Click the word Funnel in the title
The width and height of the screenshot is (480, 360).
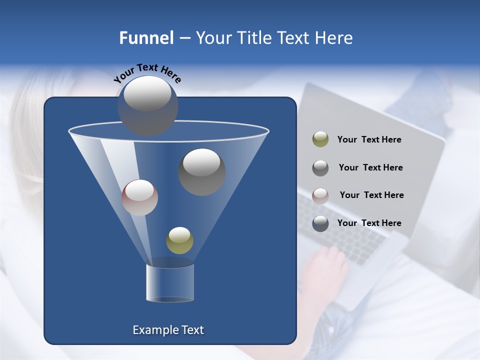pos(146,37)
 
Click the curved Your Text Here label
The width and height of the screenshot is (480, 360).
pos(147,73)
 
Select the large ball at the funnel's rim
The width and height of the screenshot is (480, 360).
pos(148,105)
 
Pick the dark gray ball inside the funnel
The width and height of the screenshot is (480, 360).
pos(201,171)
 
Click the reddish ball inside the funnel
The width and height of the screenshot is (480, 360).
pos(139,197)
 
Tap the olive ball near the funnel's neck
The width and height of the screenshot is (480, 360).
pos(179,240)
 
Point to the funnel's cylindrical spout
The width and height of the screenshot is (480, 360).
pos(170,282)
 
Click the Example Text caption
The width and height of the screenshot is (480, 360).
pos(168,330)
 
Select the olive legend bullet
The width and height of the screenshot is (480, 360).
pos(320,139)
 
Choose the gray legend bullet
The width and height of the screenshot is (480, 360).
pos(320,167)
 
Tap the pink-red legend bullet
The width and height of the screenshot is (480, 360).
pos(320,195)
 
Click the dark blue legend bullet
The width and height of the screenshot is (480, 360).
pos(320,223)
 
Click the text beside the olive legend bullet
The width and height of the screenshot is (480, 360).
pos(369,140)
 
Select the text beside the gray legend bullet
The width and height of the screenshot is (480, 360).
pos(370,168)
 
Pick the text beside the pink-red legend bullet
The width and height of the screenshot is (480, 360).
pos(371,195)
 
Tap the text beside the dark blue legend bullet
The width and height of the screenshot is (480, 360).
pos(369,223)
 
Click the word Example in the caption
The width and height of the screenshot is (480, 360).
pos(152,330)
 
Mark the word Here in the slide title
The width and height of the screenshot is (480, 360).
pos(334,37)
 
